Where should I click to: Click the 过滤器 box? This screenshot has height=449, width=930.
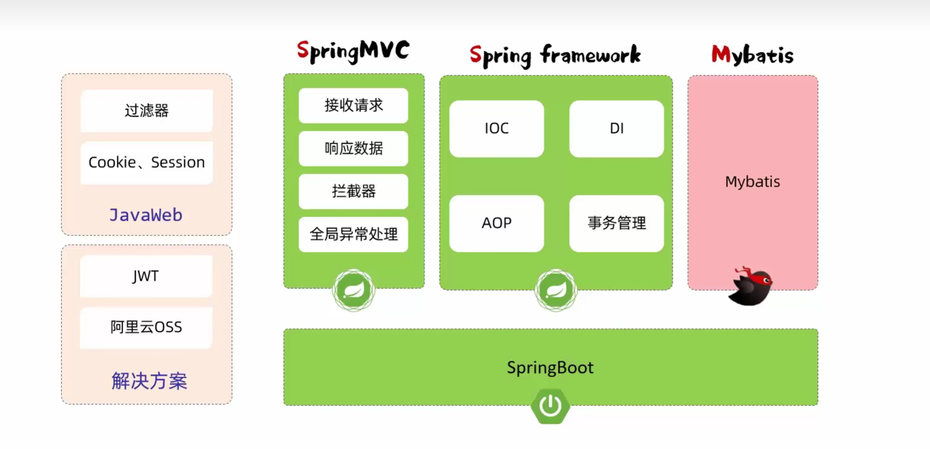(x=147, y=110)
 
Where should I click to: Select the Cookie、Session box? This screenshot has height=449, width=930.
(x=147, y=162)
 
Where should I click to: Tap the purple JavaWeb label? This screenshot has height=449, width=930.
(x=146, y=215)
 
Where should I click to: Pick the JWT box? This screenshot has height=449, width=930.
(x=146, y=276)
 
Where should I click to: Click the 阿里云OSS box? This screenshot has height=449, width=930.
(x=146, y=327)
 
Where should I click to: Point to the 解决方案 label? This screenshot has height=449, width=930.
(x=149, y=381)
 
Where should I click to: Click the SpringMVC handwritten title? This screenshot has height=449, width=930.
(x=353, y=51)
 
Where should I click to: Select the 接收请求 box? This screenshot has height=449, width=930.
(x=353, y=106)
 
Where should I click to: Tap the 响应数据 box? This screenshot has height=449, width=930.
(x=353, y=149)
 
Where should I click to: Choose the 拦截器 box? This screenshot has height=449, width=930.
(x=353, y=191)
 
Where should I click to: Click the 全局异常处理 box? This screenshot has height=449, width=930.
(x=353, y=234)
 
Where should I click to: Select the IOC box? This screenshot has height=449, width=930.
(x=497, y=128)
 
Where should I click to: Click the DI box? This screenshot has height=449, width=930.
(x=616, y=128)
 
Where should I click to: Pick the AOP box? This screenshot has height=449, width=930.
(x=497, y=223)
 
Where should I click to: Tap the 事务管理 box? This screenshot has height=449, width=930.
(x=616, y=223)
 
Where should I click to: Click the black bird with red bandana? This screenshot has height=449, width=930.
(x=750, y=286)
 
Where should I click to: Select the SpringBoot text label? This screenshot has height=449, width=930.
(x=550, y=367)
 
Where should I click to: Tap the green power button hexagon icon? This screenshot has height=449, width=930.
(x=550, y=406)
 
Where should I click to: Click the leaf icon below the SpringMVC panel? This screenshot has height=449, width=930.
(x=354, y=290)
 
